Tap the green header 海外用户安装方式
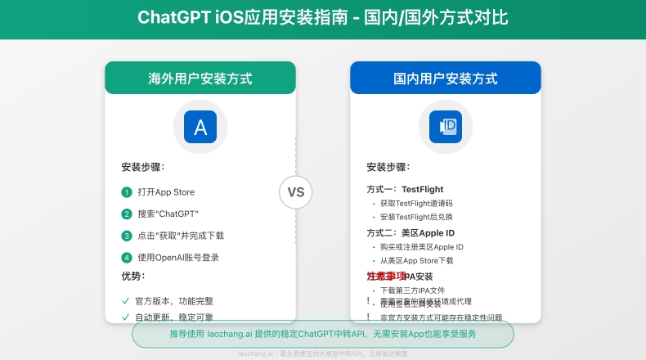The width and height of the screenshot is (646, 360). (x=200, y=79)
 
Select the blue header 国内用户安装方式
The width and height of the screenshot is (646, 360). (x=446, y=79)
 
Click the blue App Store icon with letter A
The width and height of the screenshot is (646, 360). (x=200, y=127)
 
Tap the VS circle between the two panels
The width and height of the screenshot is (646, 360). (x=295, y=192)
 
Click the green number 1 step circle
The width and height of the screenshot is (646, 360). (x=127, y=192)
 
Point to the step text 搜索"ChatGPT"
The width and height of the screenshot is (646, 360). (x=168, y=214)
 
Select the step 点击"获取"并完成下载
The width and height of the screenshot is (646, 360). (x=180, y=236)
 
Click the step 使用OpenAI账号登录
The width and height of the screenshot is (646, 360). (x=178, y=257)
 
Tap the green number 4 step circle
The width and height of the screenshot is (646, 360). (x=127, y=257)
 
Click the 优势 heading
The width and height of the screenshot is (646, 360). (x=132, y=276)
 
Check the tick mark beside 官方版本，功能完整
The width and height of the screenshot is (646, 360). (x=126, y=300)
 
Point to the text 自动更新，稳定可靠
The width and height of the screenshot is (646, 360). (x=173, y=317)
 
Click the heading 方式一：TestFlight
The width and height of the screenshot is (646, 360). (x=405, y=189)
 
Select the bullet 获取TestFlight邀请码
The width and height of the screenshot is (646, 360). (x=416, y=203)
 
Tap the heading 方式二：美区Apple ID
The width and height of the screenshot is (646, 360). (x=410, y=232)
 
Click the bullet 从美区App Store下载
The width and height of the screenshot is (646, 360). (x=416, y=260)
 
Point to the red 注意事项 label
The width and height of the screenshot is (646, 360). (x=386, y=277)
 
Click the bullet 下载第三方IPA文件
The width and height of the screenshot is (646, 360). (x=412, y=290)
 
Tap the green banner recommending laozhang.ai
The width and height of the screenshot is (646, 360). (x=322, y=334)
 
